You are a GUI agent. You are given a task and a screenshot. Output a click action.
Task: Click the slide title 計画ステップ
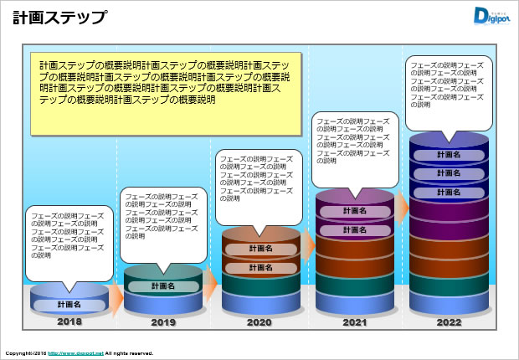coord(59,17)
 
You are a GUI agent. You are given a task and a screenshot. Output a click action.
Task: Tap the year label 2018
coord(69,321)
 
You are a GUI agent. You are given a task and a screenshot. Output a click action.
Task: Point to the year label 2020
coord(260,322)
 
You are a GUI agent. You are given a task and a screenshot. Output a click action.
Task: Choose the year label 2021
coord(354,322)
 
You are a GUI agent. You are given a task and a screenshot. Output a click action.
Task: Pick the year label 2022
coord(449,322)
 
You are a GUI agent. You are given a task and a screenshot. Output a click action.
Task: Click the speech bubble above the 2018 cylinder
coord(69,243)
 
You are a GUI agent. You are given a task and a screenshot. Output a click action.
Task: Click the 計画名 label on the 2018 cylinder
coord(69,305)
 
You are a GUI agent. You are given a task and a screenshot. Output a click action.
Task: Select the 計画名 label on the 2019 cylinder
coord(163,286)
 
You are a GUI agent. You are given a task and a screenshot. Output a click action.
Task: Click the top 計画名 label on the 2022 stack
coord(449,155)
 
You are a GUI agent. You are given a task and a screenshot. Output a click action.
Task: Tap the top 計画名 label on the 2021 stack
coord(354,211)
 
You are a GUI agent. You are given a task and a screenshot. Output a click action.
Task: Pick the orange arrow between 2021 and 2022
coord(401,205)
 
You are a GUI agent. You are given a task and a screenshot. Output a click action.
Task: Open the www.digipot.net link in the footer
coord(75,353)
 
